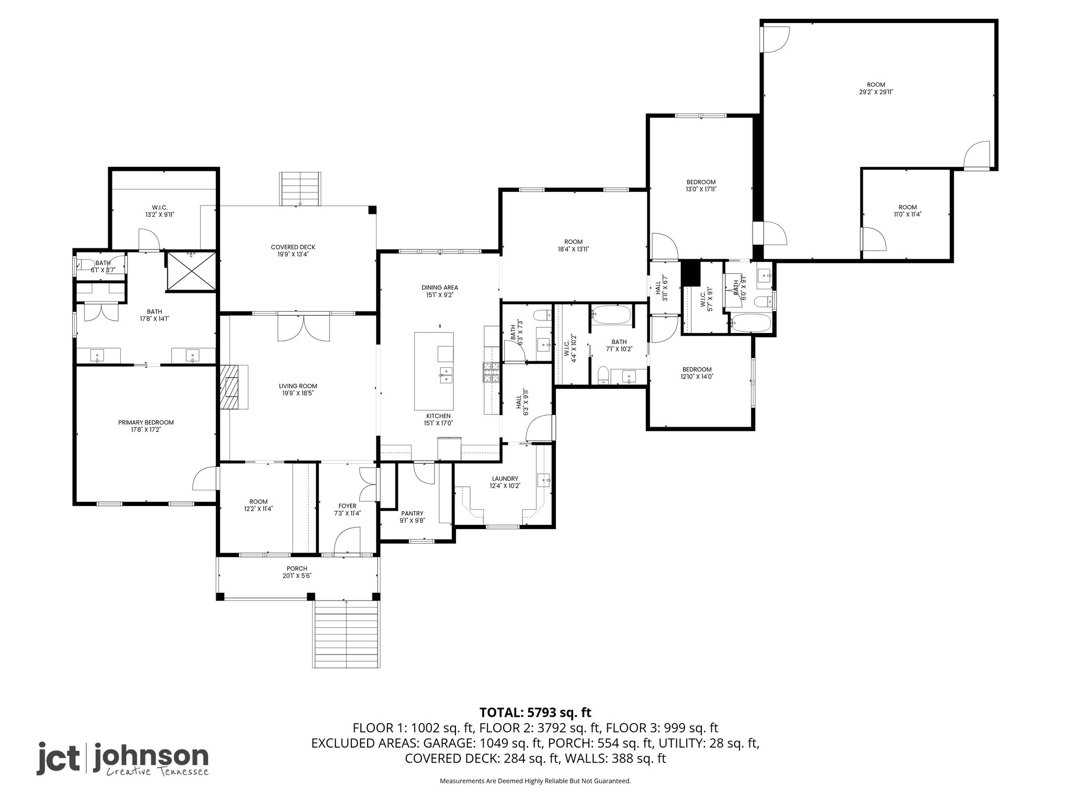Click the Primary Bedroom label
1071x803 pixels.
146,422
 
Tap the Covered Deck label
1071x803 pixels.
293,247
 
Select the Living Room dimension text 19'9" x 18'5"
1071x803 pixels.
297,393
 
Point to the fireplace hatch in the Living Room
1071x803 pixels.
229,387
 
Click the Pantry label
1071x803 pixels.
412,513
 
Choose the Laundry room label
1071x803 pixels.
505,478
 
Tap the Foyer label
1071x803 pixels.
347,506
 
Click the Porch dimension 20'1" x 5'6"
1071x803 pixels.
297,576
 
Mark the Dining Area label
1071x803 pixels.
440,288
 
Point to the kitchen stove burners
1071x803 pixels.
491,372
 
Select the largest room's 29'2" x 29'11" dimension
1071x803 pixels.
876,92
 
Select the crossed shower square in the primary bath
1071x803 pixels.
191,270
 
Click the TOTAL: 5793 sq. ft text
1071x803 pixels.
535,712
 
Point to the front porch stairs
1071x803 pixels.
346,633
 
